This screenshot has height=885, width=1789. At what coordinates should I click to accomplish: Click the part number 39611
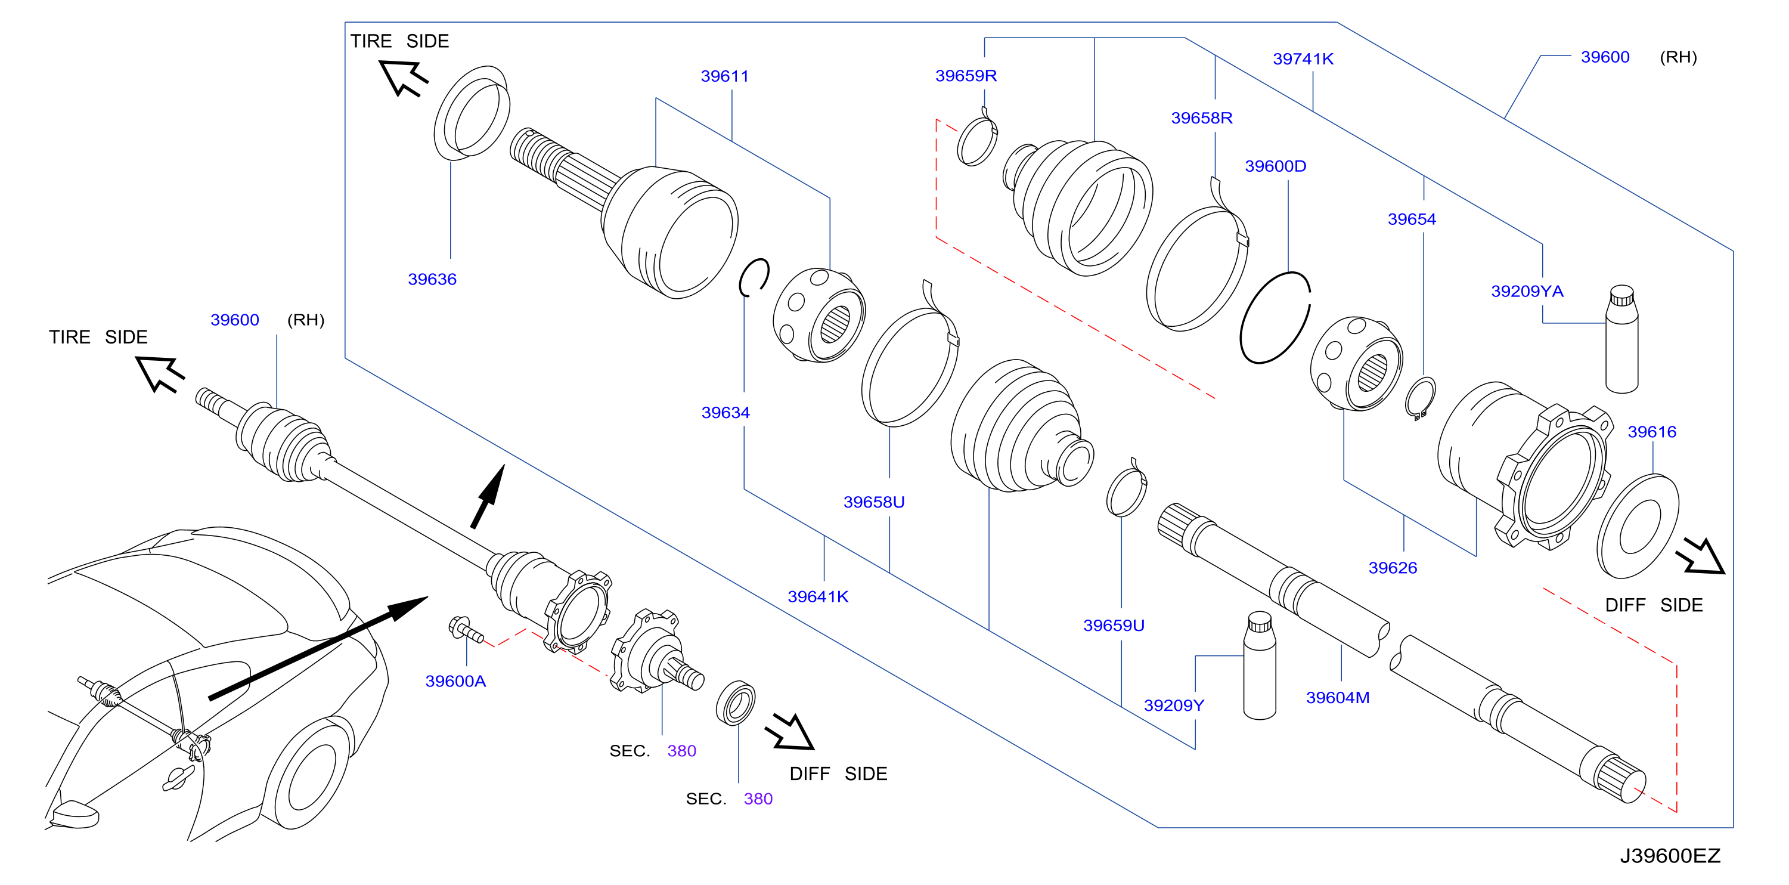point(724,76)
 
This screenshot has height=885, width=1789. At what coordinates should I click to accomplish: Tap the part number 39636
point(432,279)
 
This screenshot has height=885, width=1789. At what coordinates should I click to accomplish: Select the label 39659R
point(966,75)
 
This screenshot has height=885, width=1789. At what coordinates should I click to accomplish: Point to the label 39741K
point(1303,58)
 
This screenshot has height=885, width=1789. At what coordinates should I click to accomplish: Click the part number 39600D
point(1275,165)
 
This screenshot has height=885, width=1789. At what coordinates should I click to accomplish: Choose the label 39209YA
point(1527,290)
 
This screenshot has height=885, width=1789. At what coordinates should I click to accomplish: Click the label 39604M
point(1338,697)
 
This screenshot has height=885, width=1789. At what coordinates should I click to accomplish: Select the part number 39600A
point(455,681)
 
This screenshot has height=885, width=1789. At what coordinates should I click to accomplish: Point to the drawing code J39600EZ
point(1670,855)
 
